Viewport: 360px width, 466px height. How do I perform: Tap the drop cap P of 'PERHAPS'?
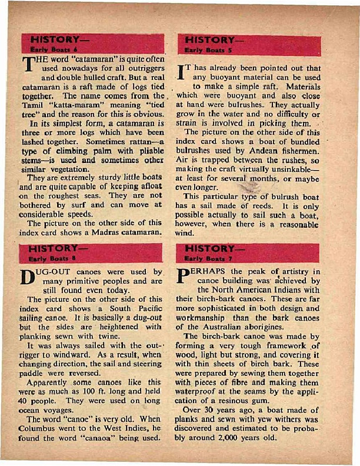pyautogui.click(x=183, y=277)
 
